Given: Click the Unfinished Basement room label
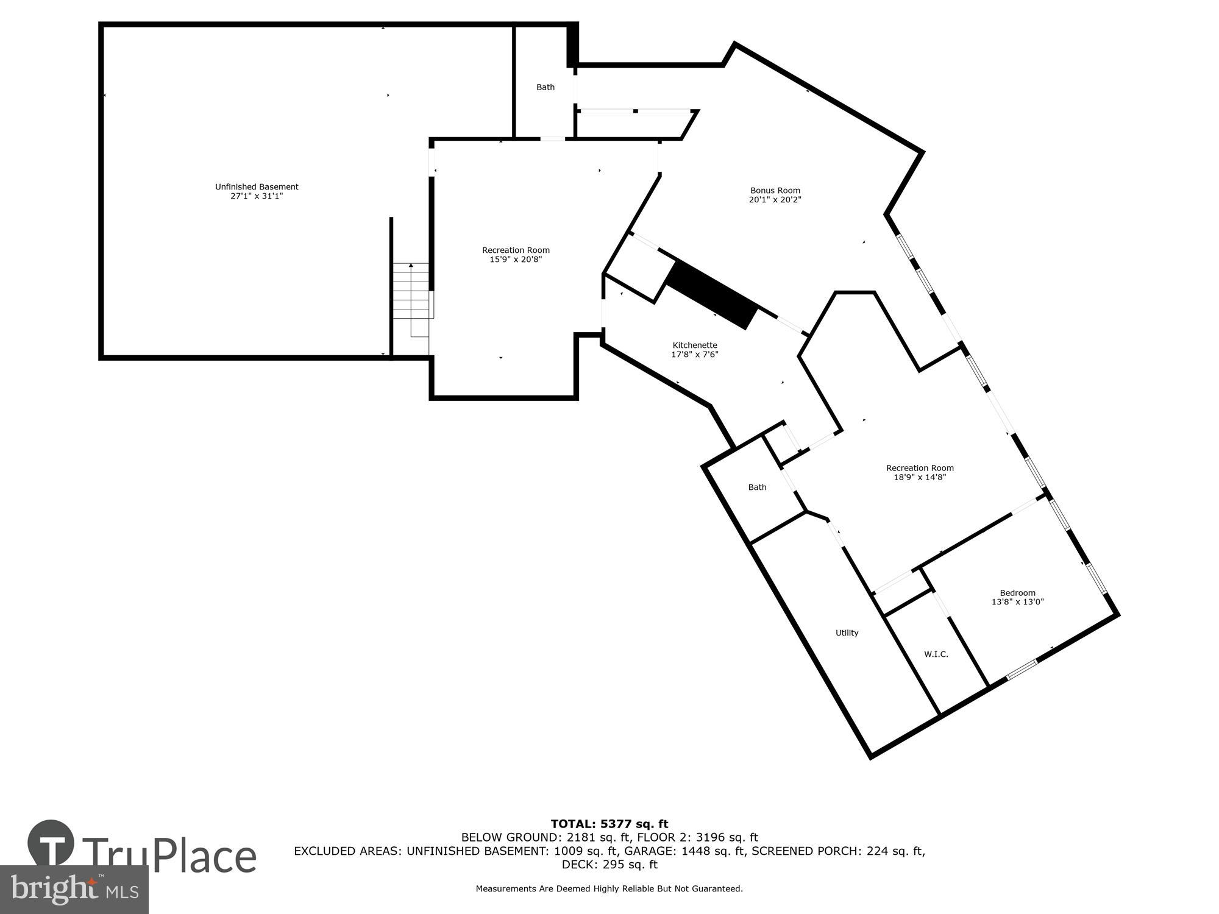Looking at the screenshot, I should click(257, 187).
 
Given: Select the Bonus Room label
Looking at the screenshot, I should click(775, 191).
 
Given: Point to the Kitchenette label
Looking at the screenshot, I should click(695, 345).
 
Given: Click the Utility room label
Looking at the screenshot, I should click(847, 633).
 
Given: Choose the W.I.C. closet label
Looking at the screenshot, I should click(936, 654).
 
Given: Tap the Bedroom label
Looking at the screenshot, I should click(1017, 593).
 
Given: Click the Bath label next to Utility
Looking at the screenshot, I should click(757, 487).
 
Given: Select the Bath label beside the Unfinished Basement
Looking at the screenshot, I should click(545, 88).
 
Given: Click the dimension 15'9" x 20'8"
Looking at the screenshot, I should click(516, 260).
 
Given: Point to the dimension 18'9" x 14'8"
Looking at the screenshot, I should click(920, 478).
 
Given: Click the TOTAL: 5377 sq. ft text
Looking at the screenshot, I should click(609, 824).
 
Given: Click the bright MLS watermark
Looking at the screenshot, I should click(74, 890).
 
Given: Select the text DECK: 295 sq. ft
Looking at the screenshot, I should click(609, 865).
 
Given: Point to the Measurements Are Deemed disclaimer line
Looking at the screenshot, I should click(609, 889).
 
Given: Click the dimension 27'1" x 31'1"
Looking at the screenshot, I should click(257, 196).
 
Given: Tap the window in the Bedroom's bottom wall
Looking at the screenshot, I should click(1022, 670).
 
